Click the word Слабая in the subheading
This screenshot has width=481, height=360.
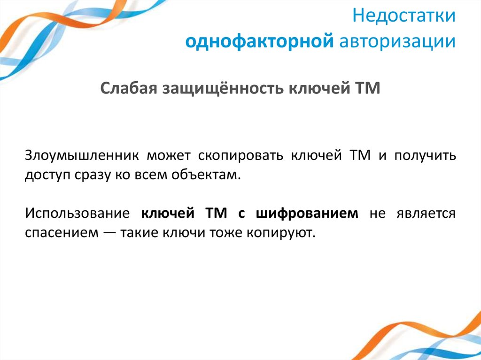(x=128, y=88)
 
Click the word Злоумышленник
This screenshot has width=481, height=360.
(x=81, y=156)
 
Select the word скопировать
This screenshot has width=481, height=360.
(x=240, y=156)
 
